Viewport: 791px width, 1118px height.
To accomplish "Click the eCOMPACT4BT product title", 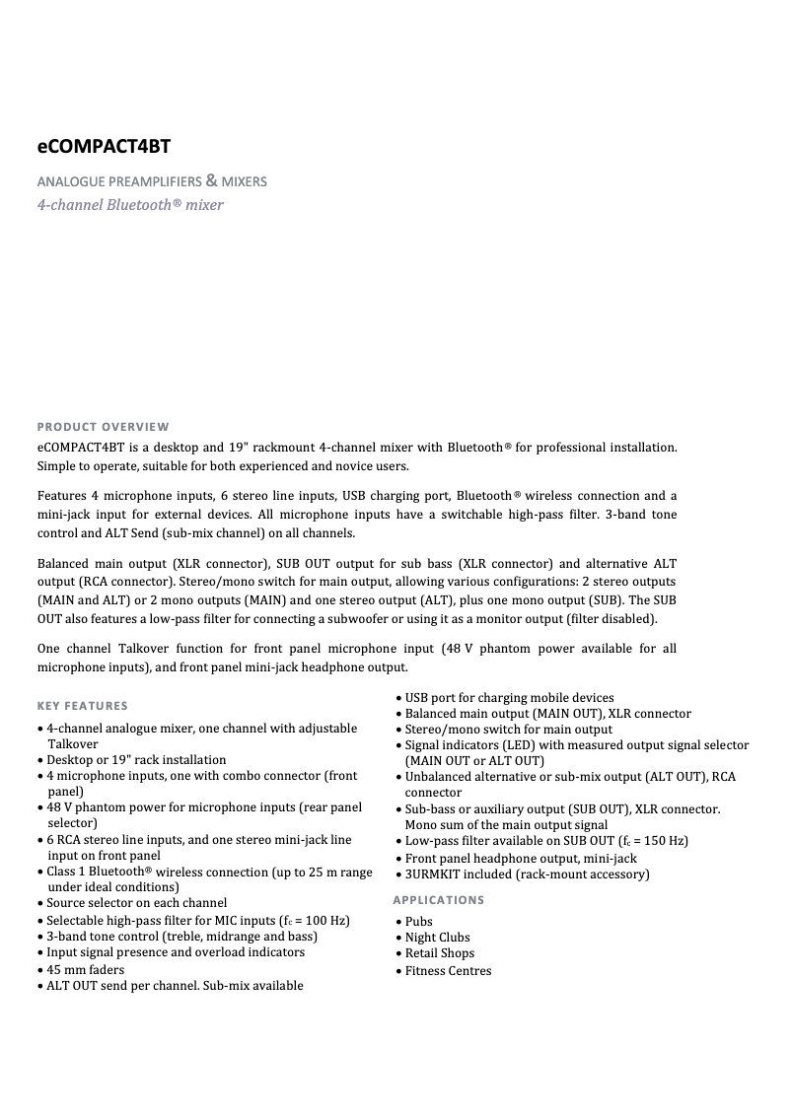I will click(x=104, y=147).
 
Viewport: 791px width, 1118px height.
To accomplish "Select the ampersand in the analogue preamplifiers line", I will click(x=210, y=180).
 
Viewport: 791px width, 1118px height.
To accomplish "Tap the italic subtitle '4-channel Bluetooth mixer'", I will click(x=130, y=205).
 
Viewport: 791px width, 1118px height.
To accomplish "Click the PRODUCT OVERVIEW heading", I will click(x=103, y=427).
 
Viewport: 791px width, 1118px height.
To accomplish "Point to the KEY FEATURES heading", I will click(x=83, y=706).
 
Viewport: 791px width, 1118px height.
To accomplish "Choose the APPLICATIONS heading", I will click(x=438, y=900).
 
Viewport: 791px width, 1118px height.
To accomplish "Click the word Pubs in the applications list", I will click(x=419, y=922).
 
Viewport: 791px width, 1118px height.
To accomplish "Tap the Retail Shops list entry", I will click(x=440, y=953).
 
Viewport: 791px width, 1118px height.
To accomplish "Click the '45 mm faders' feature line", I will click(x=86, y=969).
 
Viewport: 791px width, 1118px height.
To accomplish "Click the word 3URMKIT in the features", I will click(x=432, y=874).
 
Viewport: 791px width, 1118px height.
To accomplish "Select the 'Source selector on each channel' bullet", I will click(x=137, y=903).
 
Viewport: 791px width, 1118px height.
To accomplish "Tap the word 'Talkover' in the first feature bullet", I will click(x=73, y=744).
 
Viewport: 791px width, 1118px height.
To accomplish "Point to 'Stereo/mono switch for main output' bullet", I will click(x=508, y=730).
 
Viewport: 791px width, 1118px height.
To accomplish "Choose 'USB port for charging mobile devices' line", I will click(x=509, y=698).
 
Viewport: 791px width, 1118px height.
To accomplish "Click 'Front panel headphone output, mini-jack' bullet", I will click(x=521, y=859).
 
